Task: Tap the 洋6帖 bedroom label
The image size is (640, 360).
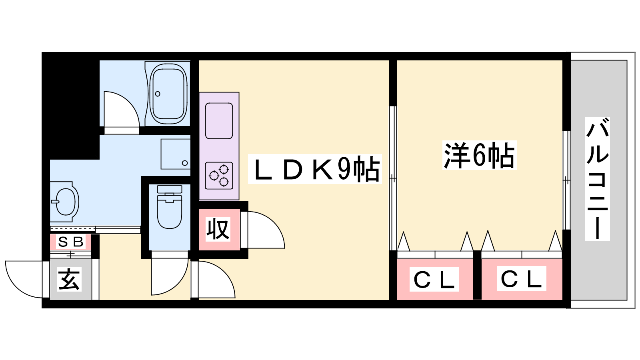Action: pyautogui.click(x=479, y=155)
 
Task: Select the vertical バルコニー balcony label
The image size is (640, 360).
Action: pyautogui.click(x=597, y=178)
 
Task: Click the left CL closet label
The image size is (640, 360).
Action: pyautogui.click(x=434, y=280)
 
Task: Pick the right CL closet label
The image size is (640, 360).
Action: pyautogui.click(x=521, y=278)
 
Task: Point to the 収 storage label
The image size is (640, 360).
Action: pyautogui.click(x=218, y=229)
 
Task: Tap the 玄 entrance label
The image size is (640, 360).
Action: pyautogui.click(x=70, y=279)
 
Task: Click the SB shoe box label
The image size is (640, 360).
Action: pyautogui.click(x=71, y=242)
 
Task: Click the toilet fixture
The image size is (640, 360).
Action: pyautogui.click(x=170, y=208)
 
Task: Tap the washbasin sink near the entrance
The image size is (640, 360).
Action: pyautogui.click(x=65, y=202)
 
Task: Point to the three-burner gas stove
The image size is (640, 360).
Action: pyautogui.click(x=219, y=176)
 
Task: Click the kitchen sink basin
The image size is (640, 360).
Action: pyautogui.click(x=219, y=120)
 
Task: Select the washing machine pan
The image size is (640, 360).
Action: pyautogui.click(x=175, y=154)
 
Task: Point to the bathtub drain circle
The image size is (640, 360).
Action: pyautogui.click(x=158, y=94)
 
